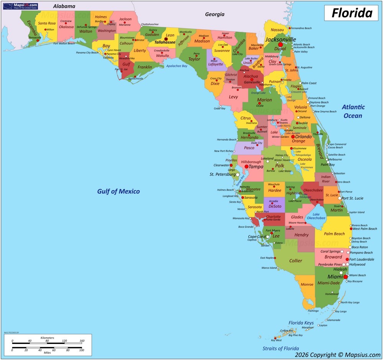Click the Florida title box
point(352,13)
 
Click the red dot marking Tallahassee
point(166,39)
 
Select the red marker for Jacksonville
point(280,45)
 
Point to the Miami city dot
point(345,277)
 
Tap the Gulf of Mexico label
point(118,191)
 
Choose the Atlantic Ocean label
point(353,111)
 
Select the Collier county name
point(296,261)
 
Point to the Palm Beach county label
point(334,234)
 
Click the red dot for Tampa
point(247,167)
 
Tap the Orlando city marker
point(293,136)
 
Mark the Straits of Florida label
point(280,349)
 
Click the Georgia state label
point(214,15)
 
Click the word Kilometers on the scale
point(47,338)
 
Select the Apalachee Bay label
point(177,66)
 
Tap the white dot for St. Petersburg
point(237,175)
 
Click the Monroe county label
point(307,285)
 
